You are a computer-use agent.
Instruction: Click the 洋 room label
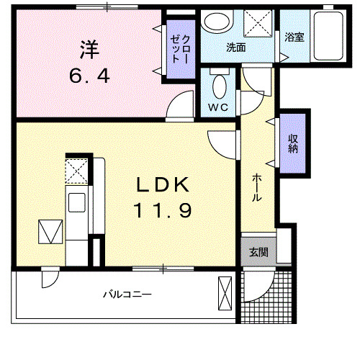coord(89,50)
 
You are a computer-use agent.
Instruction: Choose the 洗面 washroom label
coord(236,48)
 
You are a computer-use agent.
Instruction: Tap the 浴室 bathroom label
coord(294,37)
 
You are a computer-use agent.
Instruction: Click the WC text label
coord(219,109)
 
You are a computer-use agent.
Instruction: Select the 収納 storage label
coord(294,143)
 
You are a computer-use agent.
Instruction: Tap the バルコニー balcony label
coord(126,294)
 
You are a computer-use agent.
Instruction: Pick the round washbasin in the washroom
coord(215,23)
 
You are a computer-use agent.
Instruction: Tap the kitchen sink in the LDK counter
coord(76,202)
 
